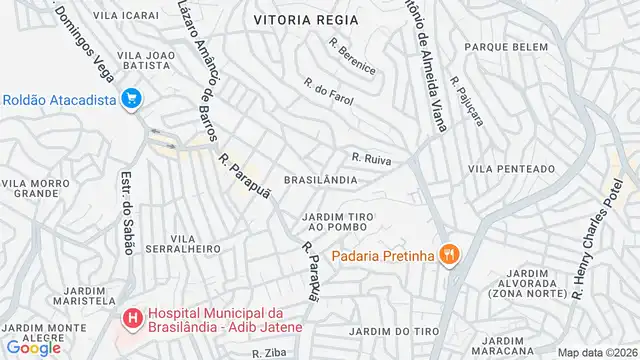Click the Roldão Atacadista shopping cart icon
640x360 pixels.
130,98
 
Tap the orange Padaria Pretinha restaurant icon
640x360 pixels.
450,255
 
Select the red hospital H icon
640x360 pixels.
130,319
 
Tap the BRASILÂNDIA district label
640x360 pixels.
322,180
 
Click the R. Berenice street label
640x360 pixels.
353,57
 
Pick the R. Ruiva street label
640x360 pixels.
369,158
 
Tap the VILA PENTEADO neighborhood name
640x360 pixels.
511,168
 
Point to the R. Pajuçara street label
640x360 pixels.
466,101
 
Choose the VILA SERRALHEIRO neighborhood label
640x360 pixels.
182,244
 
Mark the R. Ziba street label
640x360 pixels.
271,353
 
